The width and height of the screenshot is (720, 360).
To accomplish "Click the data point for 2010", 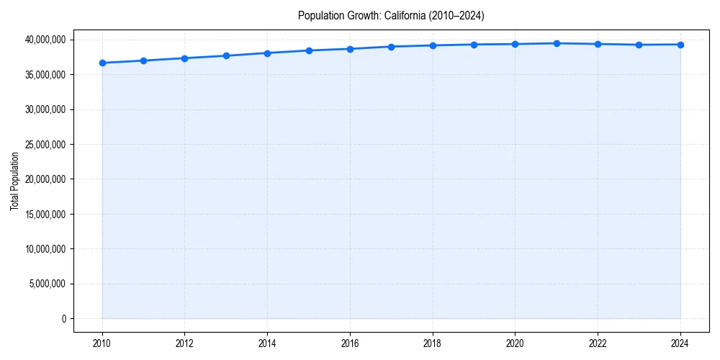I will coord(102,63).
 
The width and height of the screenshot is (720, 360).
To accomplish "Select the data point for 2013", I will coord(226,55).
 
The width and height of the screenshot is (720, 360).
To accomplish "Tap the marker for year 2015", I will coord(309,50).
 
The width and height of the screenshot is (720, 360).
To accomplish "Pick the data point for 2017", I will coord(391,47).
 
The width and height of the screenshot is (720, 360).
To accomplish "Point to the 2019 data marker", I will coord(474,45).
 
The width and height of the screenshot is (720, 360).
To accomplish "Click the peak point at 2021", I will coord(557,43).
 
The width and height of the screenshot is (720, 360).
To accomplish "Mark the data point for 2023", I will coord(639,45).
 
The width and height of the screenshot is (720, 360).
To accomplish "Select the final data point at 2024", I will coord(680,45).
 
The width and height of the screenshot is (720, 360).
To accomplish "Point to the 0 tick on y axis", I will coord(63,319).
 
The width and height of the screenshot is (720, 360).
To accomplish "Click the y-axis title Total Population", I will coord(14,181).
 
